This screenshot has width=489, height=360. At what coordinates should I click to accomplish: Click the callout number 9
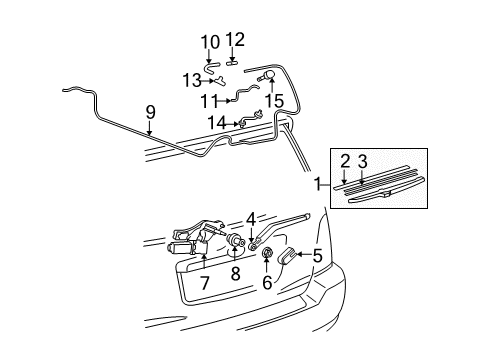[x=151, y=112]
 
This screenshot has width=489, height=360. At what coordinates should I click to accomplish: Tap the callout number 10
[x=210, y=42]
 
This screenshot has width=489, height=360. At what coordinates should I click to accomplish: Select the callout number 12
[x=235, y=40]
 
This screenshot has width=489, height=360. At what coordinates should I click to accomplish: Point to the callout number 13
[x=192, y=80]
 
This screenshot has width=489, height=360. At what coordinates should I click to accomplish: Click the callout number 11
[x=210, y=101]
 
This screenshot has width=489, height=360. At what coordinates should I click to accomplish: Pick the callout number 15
[x=274, y=101]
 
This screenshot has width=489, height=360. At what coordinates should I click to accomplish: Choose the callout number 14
[x=217, y=123]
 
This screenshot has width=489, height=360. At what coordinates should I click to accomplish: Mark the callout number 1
[x=318, y=184]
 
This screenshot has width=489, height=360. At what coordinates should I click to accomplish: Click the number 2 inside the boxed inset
[x=345, y=162]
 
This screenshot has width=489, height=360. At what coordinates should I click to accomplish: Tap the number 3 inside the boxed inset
[x=362, y=162]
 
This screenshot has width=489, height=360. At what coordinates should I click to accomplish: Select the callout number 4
[x=251, y=220]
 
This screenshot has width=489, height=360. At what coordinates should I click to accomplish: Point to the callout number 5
[x=317, y=256]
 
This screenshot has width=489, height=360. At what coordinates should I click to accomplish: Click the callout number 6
[x=267, y=283]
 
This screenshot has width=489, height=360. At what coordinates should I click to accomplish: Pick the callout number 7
[x=205, y=283]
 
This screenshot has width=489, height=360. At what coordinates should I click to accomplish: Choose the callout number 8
[x=235, y=274]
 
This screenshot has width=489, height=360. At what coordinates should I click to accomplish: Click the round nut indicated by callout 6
[x=266, y=253]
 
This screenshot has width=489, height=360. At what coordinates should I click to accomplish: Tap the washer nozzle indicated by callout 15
[x=267, y=76]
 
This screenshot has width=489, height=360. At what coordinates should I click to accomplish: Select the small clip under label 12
[x=232, y=62]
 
